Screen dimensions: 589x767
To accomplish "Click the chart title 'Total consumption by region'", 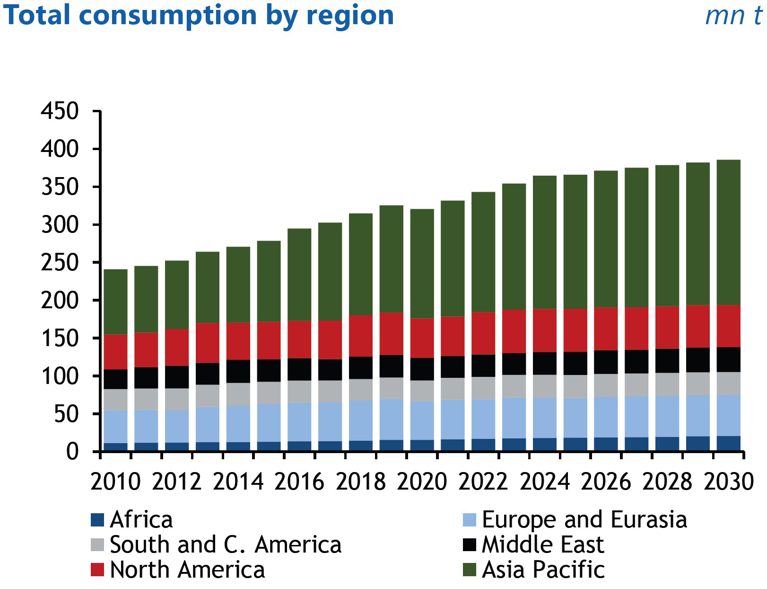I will click(x=198, y=15).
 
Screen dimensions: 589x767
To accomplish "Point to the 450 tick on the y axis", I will click(x=60, y=112).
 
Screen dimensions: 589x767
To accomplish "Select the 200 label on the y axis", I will click(x=60, y=301).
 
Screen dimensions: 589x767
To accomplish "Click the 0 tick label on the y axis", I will click(x=72, y=452).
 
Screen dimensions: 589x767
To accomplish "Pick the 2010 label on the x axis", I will click(x=115, y=482).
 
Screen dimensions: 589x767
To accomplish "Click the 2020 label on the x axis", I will click(x=422, y=482).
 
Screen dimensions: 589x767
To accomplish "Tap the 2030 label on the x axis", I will click(x=728, y=482).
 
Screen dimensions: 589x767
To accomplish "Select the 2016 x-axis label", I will click(x=299, y=482).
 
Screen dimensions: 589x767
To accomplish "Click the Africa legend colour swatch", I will click(x=97, y=520).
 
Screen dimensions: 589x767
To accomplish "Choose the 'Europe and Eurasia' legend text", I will click(x=584, y=520).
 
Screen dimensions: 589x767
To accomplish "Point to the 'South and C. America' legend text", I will click(x=226, y=545).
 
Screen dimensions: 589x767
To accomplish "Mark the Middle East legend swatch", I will click(x=469, y=545).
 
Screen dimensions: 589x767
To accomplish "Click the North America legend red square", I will click(x=97, y=570).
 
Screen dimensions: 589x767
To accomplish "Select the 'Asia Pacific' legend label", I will click(x=543, y=570).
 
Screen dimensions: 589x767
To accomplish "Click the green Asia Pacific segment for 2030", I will click(x=728, y=232).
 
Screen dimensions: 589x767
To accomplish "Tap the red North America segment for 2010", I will click(x=115, y=352).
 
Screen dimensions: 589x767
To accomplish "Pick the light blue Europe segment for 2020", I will click(x=422, y=420).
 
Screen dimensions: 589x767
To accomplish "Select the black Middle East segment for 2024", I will click(x=544, y=363).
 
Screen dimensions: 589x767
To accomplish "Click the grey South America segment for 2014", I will click(x=238, y=394).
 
